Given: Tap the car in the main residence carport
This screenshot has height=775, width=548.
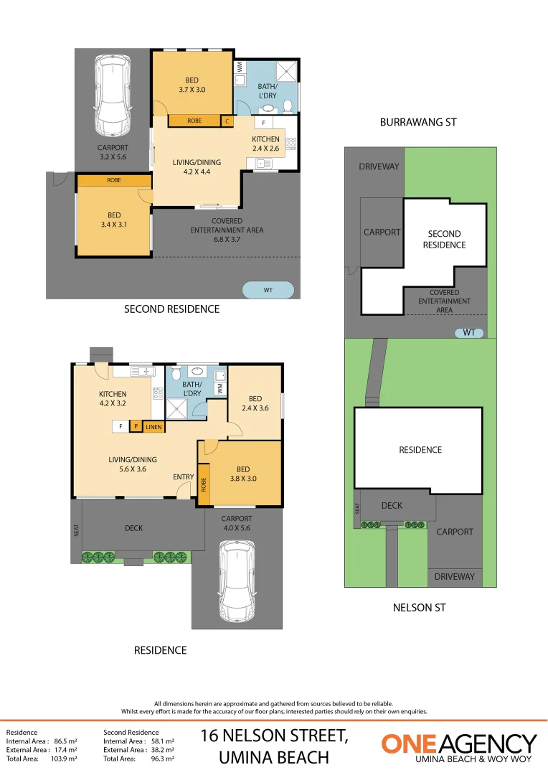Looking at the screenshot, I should tap(237, 575).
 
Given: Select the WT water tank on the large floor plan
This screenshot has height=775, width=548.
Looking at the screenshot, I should tap(268, 290).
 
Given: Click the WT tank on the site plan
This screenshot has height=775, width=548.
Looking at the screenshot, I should tap(469, 333).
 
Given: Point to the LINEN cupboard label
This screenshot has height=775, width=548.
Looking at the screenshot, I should tap(154, 427).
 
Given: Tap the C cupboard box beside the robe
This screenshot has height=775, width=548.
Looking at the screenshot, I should tap(227, 121).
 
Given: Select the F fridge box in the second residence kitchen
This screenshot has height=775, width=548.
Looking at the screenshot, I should tap(263, 123).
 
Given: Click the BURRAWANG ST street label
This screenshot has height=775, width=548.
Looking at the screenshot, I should tap(418, 123).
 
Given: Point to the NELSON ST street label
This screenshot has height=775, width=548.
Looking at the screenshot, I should tap(420, 608).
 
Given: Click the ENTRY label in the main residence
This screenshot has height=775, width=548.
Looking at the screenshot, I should tap(183, 477).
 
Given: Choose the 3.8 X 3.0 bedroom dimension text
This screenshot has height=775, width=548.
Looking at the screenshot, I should tap(242, 479).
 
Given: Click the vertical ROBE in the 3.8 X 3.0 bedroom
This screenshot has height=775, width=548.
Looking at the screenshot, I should tap(204, 485).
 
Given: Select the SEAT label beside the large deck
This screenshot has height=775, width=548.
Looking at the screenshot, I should tap(77, 530).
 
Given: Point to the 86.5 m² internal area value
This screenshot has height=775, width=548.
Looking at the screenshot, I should tap(66, 741).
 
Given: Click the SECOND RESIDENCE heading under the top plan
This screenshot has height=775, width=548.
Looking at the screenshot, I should tap(171, 309).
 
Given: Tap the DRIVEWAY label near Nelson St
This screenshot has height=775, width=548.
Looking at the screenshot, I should tap(455, 576).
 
